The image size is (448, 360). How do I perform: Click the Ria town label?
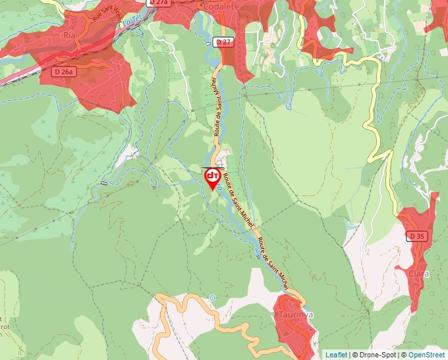point(69,34)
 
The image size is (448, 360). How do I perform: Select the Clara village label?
point(418,273)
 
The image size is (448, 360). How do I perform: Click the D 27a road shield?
point(159,3)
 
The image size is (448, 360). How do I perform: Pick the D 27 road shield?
point(224,41)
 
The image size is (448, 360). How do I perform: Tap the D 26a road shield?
point(65,71)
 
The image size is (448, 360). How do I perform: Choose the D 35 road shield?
point(416,235)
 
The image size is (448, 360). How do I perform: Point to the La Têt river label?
point(132,22)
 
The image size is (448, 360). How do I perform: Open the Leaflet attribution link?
point(336,355)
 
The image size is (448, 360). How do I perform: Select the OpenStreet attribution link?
point(427,355)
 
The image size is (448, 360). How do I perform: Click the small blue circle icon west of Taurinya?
point(212,297)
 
